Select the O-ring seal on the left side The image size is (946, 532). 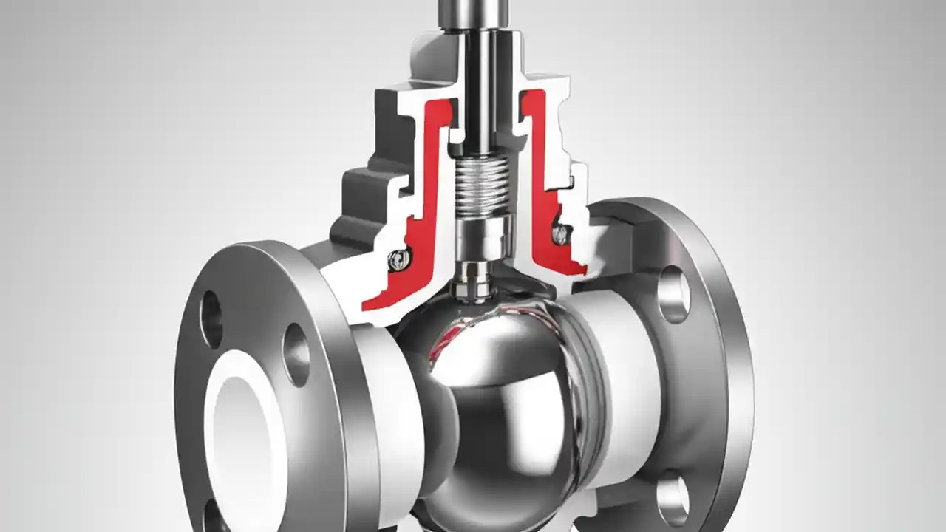tap(399, 258)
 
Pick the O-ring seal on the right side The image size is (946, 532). tap(561, 233)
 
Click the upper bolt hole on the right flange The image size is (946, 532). tap(674, 294)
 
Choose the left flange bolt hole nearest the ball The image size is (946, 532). tap(296, 354)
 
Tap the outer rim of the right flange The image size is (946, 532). tap(732, 384)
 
